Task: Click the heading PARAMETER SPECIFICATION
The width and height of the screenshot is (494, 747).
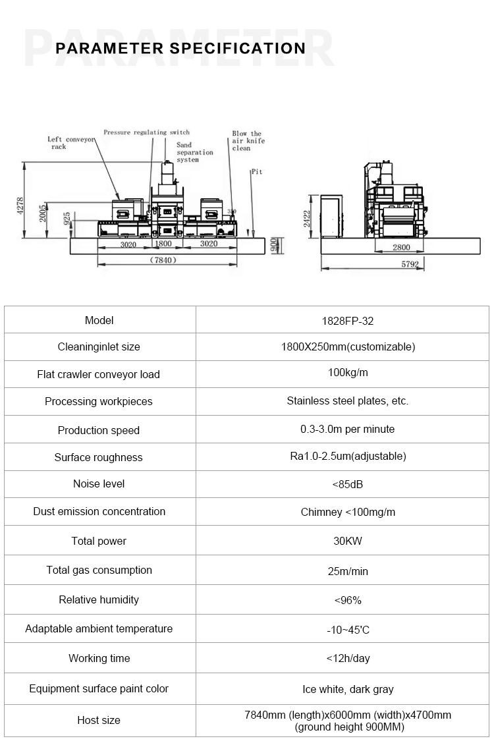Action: click(x=180, y=48)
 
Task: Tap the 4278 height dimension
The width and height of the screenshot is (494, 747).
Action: click(x=20, y=206)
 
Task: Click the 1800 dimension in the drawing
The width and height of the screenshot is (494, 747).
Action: click(x=163, y=244)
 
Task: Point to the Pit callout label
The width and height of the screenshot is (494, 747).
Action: click(x=256, y=171)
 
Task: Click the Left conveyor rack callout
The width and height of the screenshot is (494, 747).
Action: click(x=67, y=143)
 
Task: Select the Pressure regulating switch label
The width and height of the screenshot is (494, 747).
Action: click(x=146, y=132)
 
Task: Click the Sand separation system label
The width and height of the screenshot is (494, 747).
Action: click(x=194, y=152)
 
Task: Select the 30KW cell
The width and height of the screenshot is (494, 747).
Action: click(x=347, y=541)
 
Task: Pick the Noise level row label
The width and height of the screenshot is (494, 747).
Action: click(x=99, y=484)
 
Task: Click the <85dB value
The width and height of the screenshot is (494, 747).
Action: click(x=347, y=485)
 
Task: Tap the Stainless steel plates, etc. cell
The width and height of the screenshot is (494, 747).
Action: click(x=347, y=401)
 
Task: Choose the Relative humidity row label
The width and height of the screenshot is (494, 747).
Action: click(x=99, y=599)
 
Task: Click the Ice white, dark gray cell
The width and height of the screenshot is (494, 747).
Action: click(x=347, y=689)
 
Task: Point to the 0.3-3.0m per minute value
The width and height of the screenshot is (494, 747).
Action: click(x=347, y=429)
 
